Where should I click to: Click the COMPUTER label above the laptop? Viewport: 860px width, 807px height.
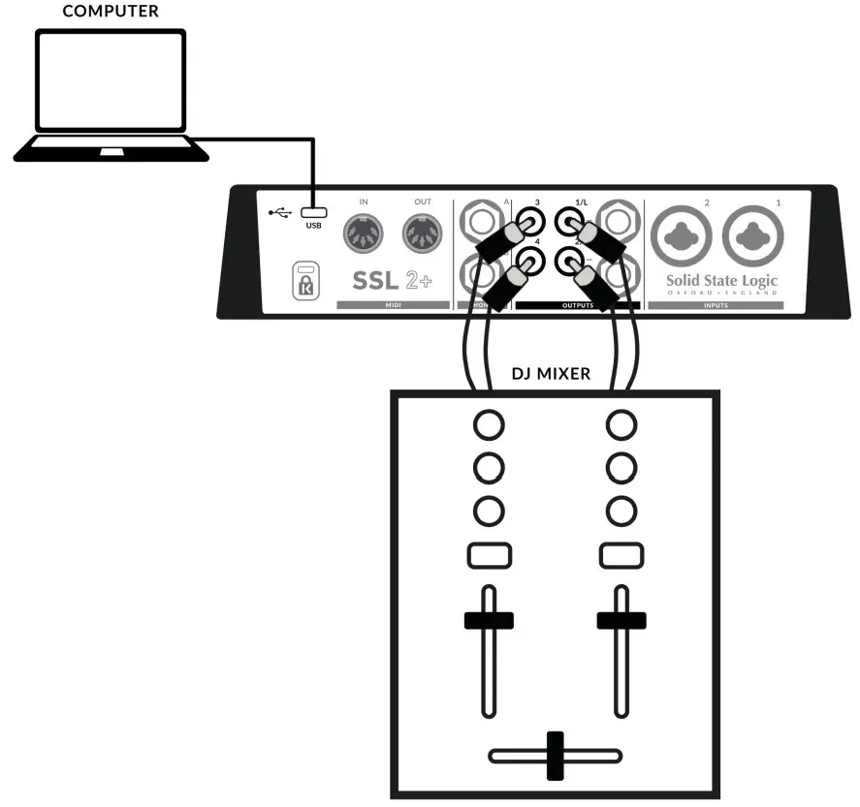pos(110,12)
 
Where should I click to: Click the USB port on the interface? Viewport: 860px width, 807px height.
pos(313,211)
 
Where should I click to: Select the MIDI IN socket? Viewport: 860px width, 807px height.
pos(365,233)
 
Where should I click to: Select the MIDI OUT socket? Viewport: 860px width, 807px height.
pos(422,233)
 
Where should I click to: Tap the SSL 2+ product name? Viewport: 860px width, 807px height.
pos(394,280)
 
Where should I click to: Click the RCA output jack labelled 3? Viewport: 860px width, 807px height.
pos(529,223)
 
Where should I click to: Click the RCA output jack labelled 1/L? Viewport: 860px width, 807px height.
pos(568,223)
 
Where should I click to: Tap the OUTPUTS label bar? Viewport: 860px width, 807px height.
pos(577,305)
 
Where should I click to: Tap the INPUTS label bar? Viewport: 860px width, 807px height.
pos(719,305)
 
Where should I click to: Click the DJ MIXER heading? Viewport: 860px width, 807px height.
pos(550,374)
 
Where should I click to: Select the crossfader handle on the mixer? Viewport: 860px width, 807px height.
pos(555,756)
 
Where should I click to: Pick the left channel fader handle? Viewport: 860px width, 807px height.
pos(489,621)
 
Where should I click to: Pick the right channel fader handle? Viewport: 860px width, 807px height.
pos(621,621)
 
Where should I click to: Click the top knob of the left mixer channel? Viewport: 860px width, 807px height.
pos(489,424)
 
